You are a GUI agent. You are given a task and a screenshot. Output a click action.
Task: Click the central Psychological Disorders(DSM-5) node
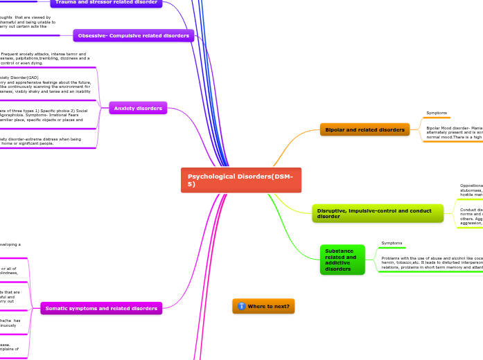(240, 180)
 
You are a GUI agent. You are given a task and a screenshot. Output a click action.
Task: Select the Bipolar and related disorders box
(365, 129)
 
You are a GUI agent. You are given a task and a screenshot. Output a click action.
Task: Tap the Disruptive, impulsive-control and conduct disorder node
(377, 213)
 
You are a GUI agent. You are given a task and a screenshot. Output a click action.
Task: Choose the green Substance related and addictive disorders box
(342, 260)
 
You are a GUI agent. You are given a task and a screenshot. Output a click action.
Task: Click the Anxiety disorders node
(137, 108)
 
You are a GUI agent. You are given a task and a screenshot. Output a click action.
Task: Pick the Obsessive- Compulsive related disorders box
(133, 35)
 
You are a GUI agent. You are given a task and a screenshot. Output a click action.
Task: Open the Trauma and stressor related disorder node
(106, 3)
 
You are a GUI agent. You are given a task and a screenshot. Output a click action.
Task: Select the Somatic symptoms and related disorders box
(101, 308)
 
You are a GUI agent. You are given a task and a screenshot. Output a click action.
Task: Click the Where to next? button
(263, 306)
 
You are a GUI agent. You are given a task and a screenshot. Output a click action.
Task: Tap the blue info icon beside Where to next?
(241, 306)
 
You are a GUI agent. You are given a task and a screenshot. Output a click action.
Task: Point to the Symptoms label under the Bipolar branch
(437, 112)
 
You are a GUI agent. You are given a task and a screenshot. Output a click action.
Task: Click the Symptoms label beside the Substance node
(392, 243)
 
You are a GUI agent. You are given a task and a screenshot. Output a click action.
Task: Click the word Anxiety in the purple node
(124, 108)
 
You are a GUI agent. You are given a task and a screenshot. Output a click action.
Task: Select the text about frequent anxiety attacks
(44, 58)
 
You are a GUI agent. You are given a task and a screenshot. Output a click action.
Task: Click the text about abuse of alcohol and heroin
(431, 262)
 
